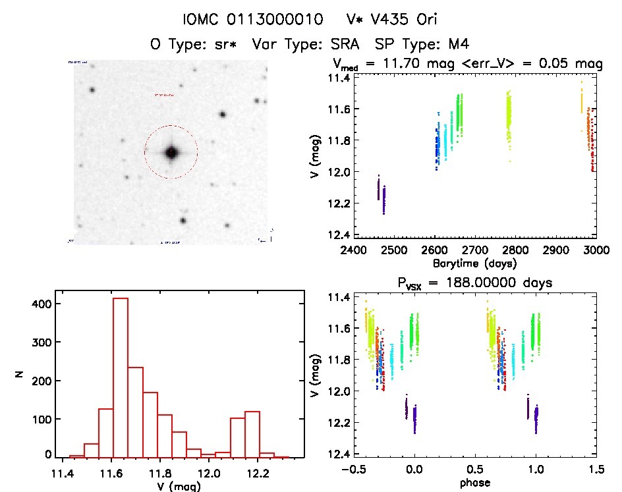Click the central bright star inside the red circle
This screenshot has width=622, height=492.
coord(172,152)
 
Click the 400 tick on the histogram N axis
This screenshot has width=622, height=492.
coord(41,304)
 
